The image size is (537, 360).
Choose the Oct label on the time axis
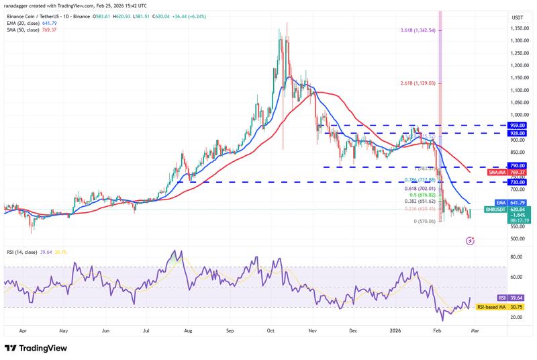[x=271, y=331]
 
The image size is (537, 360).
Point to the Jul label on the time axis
[x=146, y=331]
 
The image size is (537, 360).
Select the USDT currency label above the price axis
[x=518, y=17]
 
